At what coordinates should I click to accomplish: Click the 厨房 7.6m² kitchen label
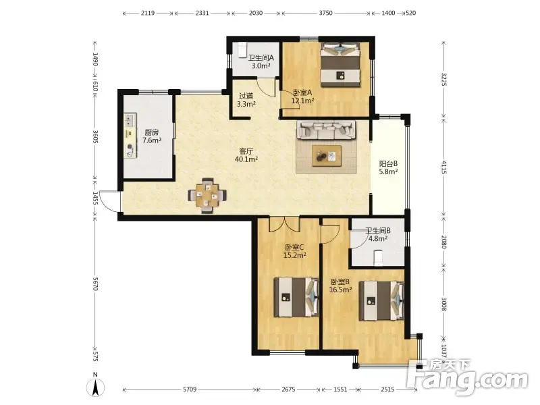(x=152, y=136)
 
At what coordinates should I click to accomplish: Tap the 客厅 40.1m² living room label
(x=246, y=155)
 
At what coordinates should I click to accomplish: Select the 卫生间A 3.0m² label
(x=261, y=61)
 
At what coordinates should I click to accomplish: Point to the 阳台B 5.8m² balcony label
(x=389, y=167)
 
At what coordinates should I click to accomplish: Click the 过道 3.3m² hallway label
(x=246, y=100)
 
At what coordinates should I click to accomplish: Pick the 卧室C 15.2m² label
(x=294, y=251)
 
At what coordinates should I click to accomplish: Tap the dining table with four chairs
(x=207, y=196)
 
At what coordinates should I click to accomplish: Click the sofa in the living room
(x=326, y=130)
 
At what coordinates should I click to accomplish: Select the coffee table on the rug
(x=327, y=156)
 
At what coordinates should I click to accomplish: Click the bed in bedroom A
(x=340, y=64)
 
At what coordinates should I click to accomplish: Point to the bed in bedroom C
(x=296, y=297)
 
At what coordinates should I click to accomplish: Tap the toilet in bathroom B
(x=378, y=258)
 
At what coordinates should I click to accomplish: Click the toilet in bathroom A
(x=242, y=50)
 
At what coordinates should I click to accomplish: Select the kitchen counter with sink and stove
(x=130, y=136)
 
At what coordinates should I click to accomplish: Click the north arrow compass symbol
(x=95, y=386)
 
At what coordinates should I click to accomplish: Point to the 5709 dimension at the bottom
(x=190, y=389)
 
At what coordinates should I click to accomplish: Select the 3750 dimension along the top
(x=325, y=13)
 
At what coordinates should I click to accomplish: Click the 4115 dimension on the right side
(x=444, y=167)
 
